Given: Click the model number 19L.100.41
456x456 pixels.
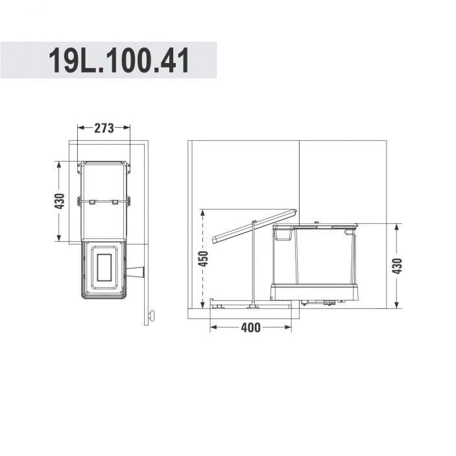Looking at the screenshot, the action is click(119, 61).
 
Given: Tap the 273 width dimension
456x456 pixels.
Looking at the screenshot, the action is click(104, 128).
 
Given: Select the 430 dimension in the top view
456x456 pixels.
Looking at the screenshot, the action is click(60, 201).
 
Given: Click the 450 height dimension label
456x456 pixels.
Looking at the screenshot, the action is click(203, 259).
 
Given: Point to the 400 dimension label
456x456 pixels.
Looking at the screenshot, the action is click(250, 328).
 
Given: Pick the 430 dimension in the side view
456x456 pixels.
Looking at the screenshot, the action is click(397, 266).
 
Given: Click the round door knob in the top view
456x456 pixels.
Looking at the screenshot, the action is click(152, 316).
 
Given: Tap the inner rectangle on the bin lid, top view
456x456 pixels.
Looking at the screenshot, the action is click(104, 267).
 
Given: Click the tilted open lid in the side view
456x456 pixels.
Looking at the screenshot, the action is click(254, 226).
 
